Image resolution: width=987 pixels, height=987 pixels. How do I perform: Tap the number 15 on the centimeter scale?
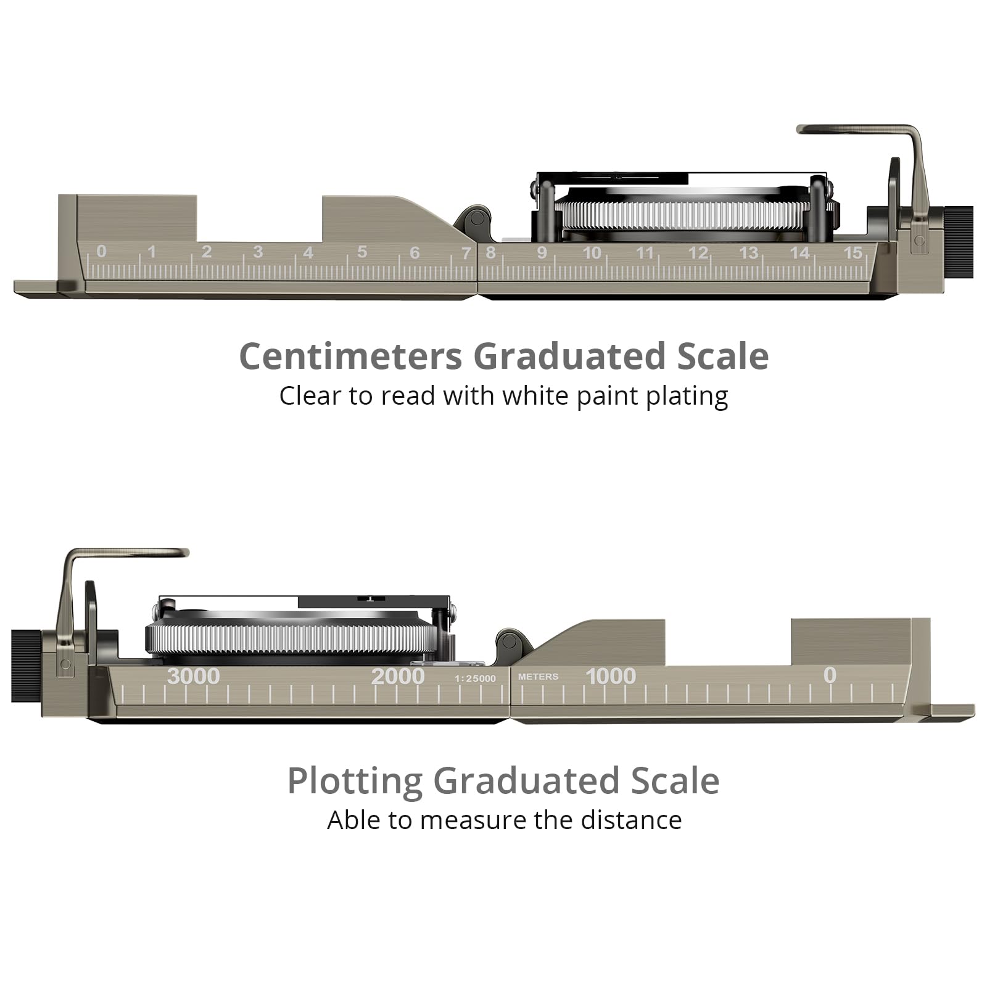pyautogui.click(x=853, y=252)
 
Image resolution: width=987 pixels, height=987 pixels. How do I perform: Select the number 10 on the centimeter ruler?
pyautogui.click(x=592, y=253)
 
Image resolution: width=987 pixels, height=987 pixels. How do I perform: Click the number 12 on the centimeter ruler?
pyautogui.click(x=698, y=253)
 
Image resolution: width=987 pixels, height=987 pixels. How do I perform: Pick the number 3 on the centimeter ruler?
pyautogui.click(x=258, y=252)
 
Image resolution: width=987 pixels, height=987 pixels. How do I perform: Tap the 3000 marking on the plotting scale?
pyautogui.click(x=193, y=676)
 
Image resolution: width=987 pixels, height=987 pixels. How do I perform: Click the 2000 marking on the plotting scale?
pyautogui.click(x=398, y=676)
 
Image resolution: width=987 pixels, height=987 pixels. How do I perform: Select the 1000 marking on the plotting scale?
pyautogui.click(x=611, y=676)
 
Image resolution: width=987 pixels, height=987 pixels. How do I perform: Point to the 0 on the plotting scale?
pyautogui.click(x=830, y=675)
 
